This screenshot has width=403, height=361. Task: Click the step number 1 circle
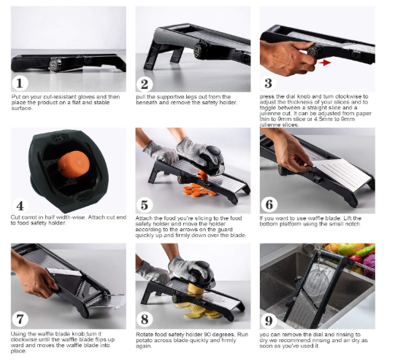pos(20,83)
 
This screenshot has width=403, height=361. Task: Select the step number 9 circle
pos(269,320)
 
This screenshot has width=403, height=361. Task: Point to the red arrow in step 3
pos(324,62)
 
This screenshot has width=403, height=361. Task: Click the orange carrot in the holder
pos(74,164)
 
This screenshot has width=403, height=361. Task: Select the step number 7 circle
pos(20,319)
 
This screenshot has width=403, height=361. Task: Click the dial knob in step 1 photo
pos(55,64)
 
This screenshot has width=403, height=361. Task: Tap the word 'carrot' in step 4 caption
pos(26,217)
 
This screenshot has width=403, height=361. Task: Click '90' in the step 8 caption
pos(207,335)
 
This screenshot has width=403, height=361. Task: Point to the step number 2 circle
pos(145,84)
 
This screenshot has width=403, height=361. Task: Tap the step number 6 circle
pos(269,205)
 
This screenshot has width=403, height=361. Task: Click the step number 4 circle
pos(20,206)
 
